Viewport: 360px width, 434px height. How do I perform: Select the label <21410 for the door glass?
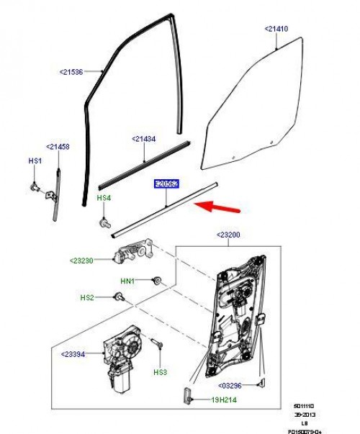click(276, 29)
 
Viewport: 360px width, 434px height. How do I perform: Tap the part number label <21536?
click(71, 71)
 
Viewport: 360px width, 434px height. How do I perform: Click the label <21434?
click(144, 139)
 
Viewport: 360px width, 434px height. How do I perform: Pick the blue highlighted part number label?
click(166, 185)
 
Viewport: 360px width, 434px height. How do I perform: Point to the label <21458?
click(58, 147)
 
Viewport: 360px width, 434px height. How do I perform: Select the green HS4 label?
click(104, 197)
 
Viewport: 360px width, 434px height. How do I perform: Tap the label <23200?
click(230, 235)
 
